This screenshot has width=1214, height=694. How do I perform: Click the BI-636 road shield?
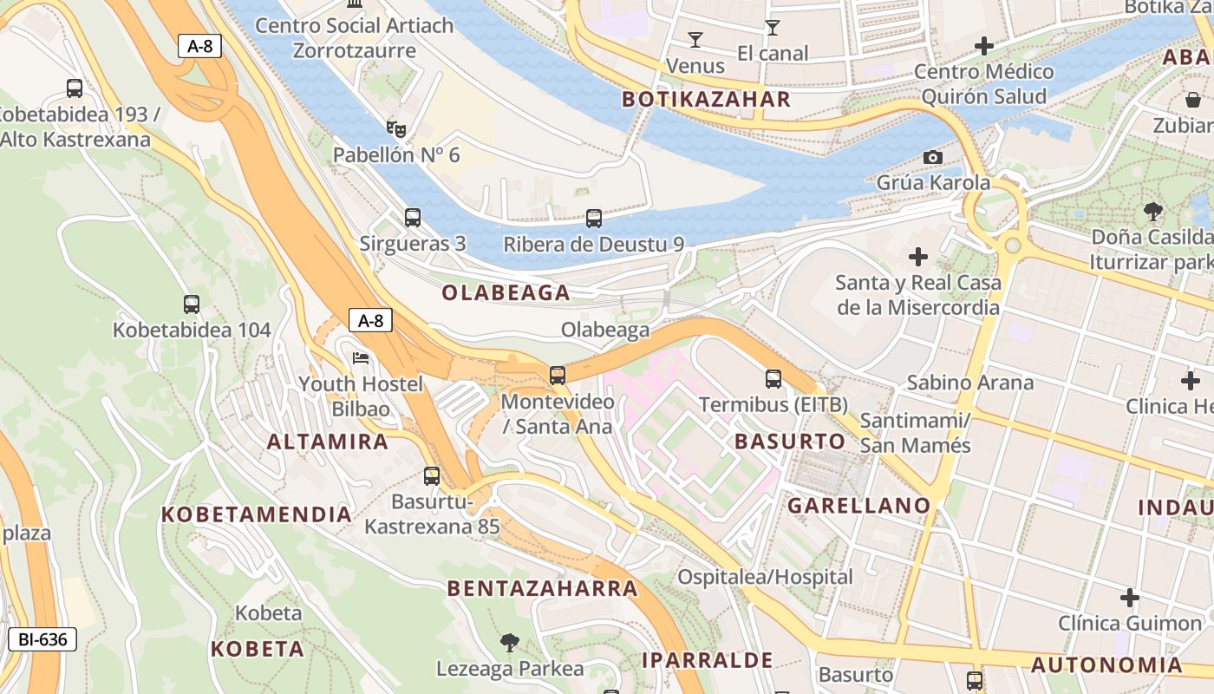pos(42,640)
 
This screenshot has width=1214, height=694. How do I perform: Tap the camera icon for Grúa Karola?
pos(933,157)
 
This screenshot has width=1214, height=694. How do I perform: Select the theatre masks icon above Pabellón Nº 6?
pos(396,129)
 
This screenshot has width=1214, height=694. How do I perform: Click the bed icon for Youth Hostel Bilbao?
pos(361,358)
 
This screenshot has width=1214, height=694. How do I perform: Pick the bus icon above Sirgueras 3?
pos(413,218)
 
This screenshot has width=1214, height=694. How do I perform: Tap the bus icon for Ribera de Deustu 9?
pos(594,219)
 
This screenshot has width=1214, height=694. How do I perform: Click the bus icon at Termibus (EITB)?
pos(773,379)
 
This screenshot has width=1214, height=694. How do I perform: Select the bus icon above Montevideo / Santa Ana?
pos(558,376)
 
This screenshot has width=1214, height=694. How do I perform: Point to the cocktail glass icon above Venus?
pos(695,39)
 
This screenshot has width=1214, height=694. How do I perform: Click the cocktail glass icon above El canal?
pos(772,28)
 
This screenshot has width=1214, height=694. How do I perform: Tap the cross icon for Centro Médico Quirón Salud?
pos(984,46)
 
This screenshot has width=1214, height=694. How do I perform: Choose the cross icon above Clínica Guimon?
pos(1129,598)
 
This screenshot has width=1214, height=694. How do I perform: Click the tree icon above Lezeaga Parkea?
pos(510,643)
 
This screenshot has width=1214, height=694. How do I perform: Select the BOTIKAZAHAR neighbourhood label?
pos(706,99)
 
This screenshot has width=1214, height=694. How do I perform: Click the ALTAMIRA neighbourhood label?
pos(328,442)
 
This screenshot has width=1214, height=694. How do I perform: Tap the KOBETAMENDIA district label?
pos(257,514)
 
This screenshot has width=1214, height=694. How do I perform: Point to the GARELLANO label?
pos(858,506)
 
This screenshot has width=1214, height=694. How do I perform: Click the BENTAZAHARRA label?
pos(543,588)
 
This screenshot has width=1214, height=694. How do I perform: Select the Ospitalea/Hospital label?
pos(765,577)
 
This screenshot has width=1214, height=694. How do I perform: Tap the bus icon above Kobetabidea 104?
pos(192,304)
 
